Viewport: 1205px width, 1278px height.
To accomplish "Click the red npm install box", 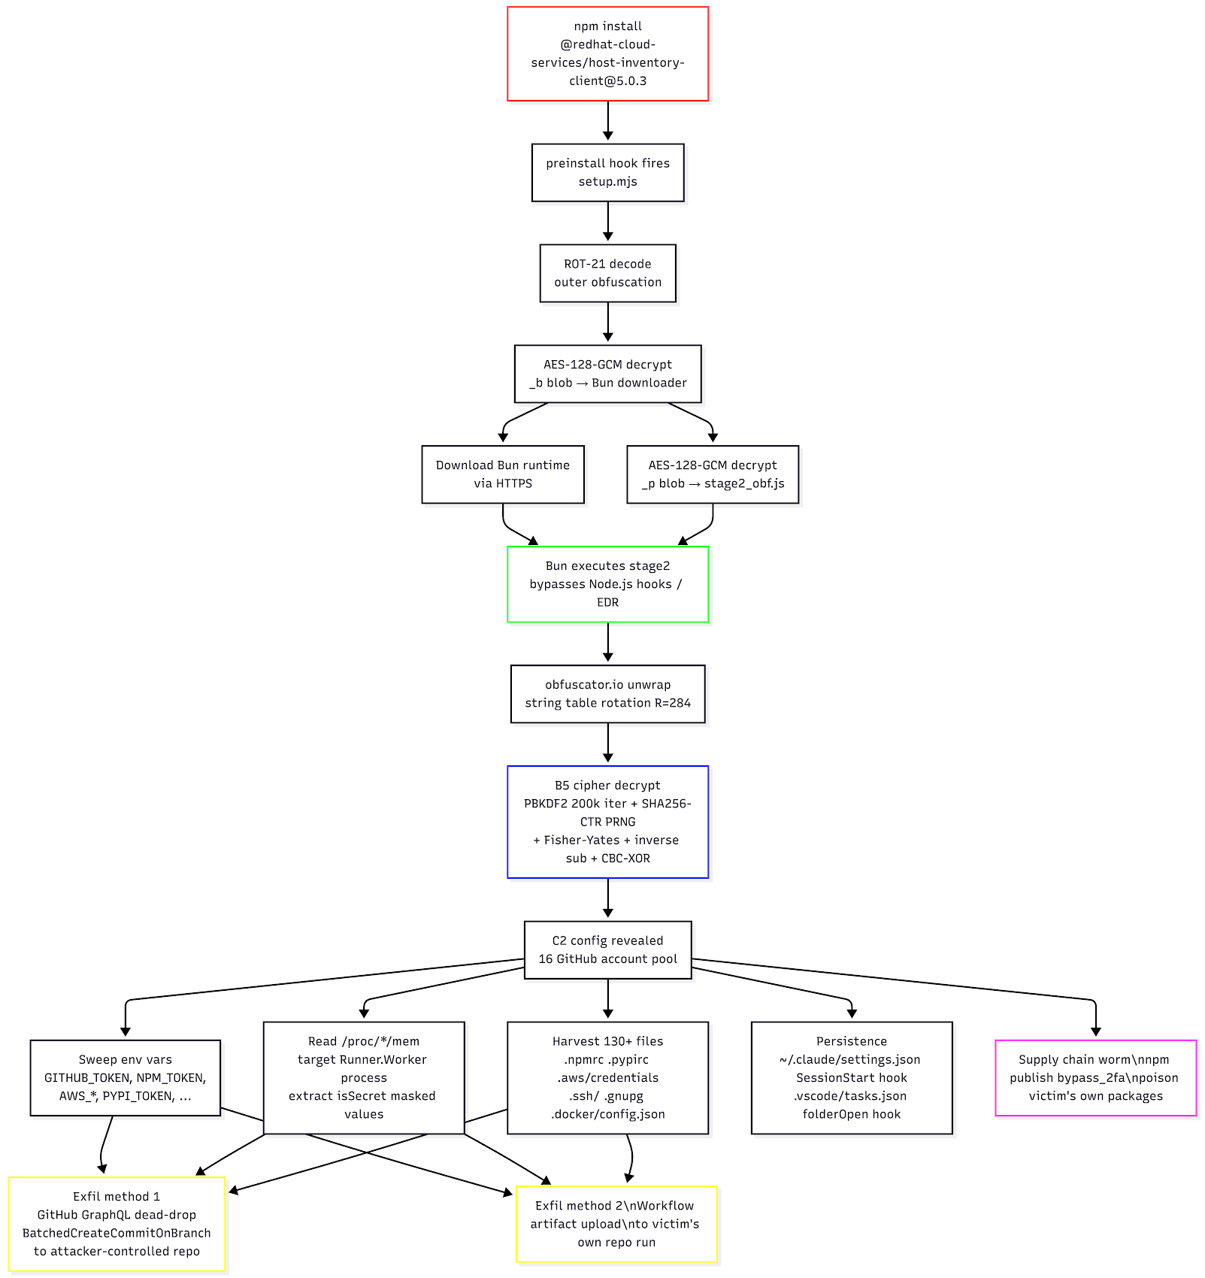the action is tap(607, 53).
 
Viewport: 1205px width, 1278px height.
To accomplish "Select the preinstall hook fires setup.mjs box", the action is tap(607, 172).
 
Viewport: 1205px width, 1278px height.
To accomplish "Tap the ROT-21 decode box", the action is tap(607, 273).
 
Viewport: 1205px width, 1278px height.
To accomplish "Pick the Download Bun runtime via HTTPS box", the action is tap(503, 474).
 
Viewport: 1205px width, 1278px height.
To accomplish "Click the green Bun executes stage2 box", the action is tap(607, 584).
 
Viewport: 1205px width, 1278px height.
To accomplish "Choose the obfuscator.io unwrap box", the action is tap(607, 694).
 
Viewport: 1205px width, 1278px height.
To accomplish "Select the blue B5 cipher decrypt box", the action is tap(607, 822).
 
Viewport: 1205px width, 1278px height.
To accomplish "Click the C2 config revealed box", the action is tap(607, 949).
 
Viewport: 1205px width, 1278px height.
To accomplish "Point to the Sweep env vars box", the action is tap(126, 1077).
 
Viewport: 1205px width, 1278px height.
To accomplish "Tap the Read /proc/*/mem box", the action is tap(364, 1077).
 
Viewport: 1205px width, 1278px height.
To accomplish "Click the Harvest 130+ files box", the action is tap(607, 1077).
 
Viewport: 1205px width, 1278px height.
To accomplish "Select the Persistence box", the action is tap(852, 1077).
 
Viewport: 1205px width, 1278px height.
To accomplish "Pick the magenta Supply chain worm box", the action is tap(1095, 1077).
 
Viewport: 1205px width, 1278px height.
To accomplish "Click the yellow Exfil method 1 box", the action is tap(117, 1224).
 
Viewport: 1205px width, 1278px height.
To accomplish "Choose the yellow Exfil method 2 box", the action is tap(616, 1224).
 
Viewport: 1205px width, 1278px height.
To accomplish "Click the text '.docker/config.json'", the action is tap(607, 1114).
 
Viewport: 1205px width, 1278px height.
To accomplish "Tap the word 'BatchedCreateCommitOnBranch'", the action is tap(117, 1233).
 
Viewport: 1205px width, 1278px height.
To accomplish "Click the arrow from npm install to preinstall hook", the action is tap(607, 120).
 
